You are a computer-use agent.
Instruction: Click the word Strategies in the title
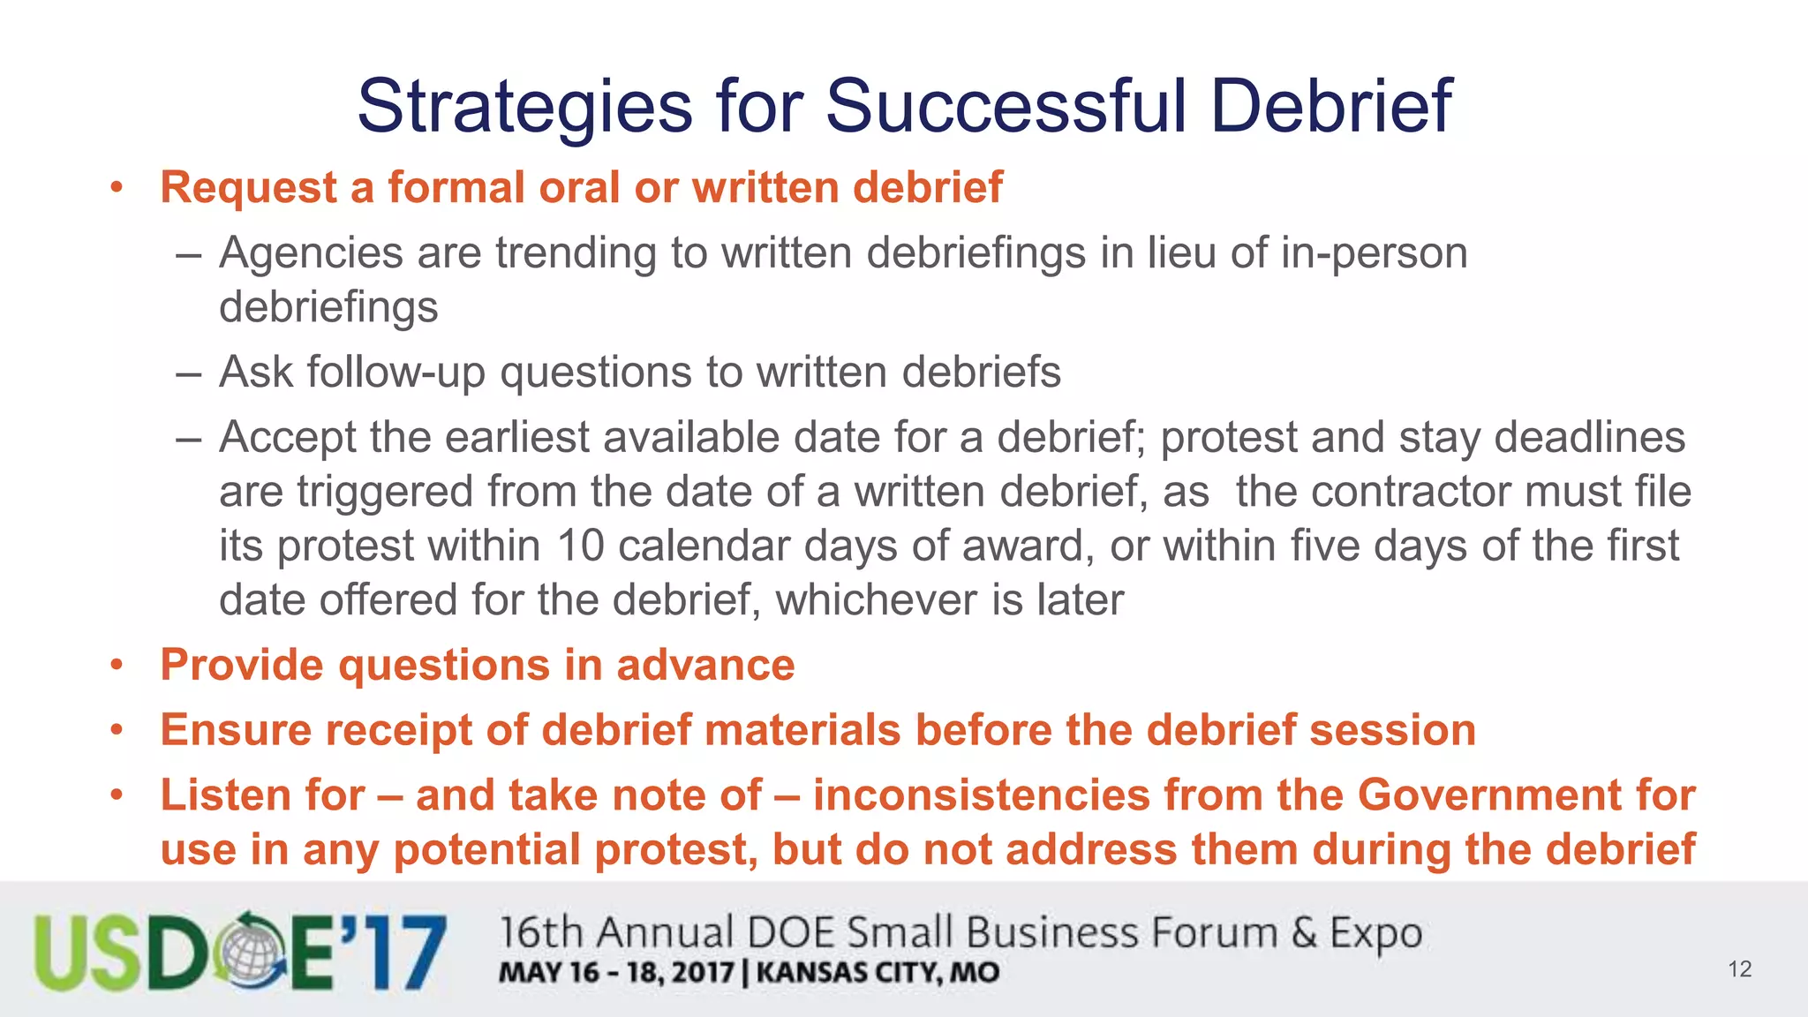tap(524, 107)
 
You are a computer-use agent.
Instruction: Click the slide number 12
tap(1739, 969)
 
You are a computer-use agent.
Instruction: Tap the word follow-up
tap(396, 373)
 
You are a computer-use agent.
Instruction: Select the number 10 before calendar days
tap(580, 546)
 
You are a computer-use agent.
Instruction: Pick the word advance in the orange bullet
tap(705, 665)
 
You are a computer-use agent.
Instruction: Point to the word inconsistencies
tap(981, 795)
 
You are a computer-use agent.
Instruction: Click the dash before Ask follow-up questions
tap(189, 373)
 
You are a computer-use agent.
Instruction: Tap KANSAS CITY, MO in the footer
tap(878, 973)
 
